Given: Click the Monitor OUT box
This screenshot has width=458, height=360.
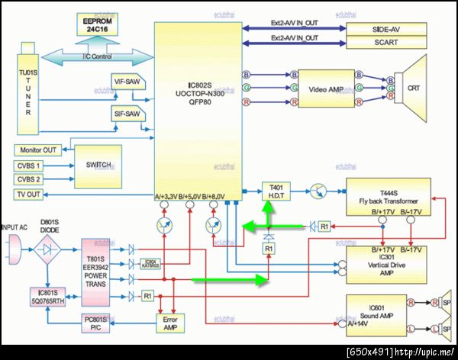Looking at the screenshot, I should (x=37, y=150).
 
